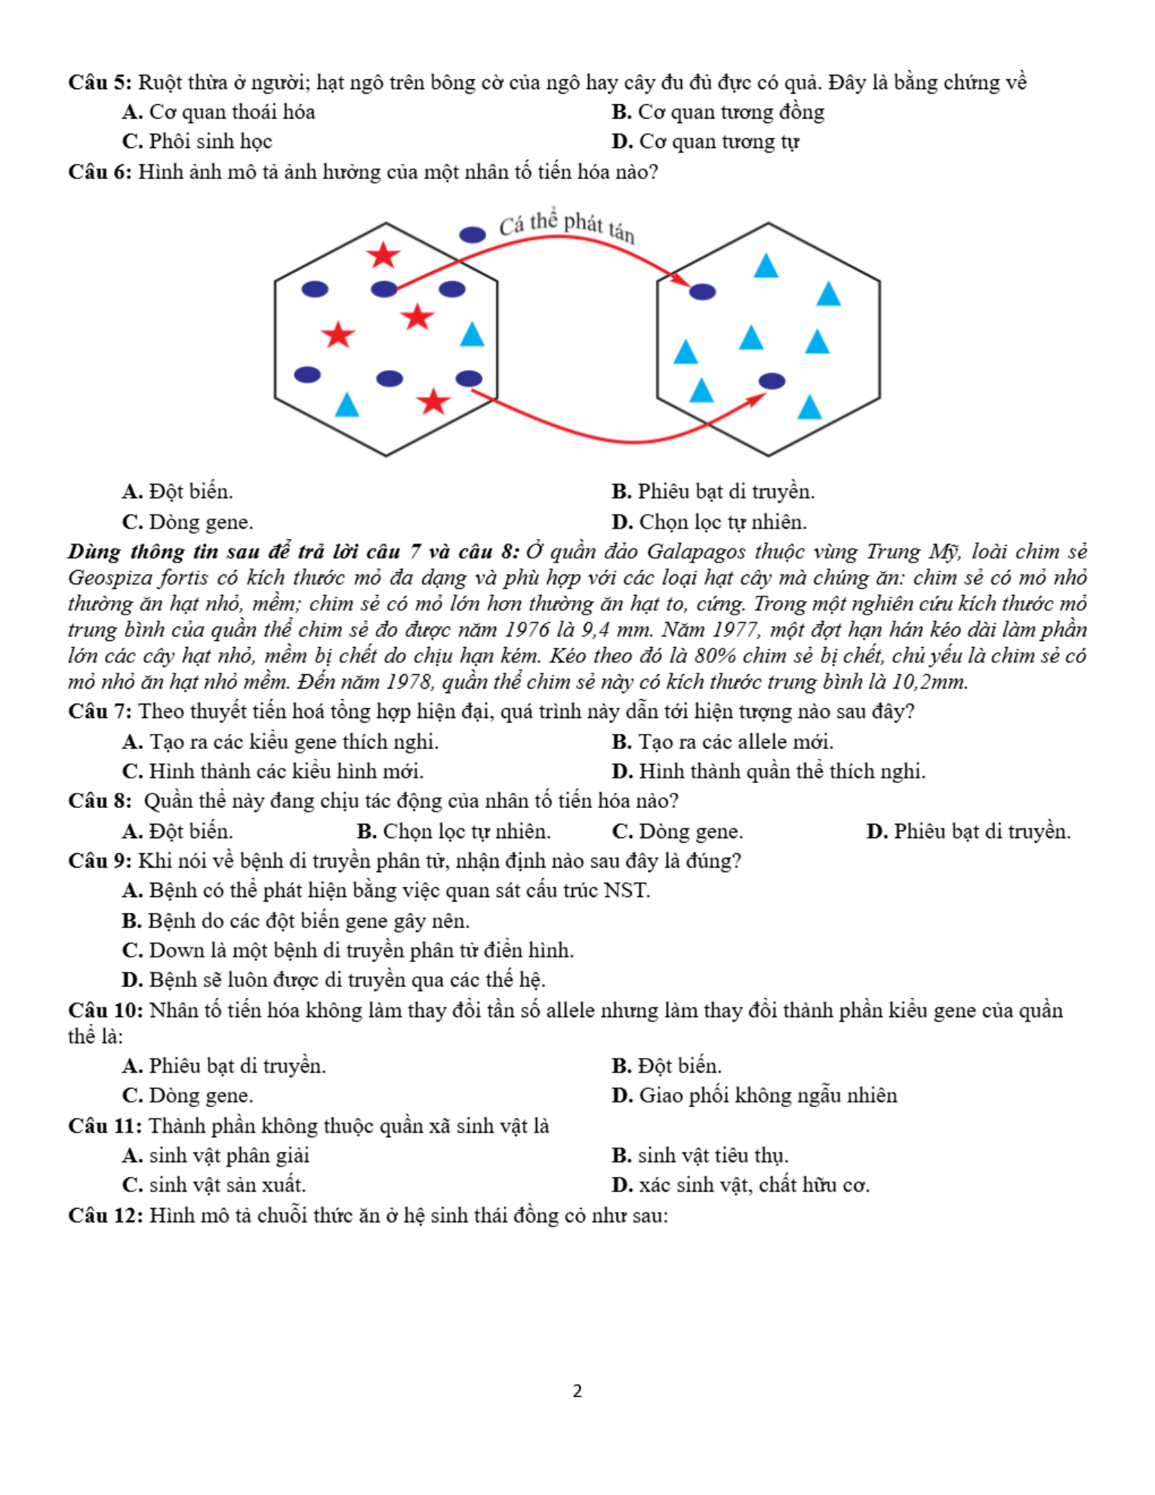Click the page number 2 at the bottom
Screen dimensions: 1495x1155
click(x=577, y=1391)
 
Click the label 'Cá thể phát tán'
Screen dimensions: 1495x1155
click(x=567, y=226)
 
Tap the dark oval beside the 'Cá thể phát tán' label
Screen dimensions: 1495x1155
click(x=473, y=235)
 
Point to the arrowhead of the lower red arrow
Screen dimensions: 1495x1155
click(x=758, y=398)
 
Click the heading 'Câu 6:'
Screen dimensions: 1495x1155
click(x=100, y=172)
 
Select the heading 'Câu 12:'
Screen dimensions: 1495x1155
click(x=105, y=1216)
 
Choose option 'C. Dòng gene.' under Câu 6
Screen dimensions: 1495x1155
click(x=188, y=522)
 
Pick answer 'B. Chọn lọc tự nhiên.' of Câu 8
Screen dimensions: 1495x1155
click(x=454, y=831)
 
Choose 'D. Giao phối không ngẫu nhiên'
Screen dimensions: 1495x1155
click(x=754, y=1096)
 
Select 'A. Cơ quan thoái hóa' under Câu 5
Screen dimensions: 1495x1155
click(x=219, y=113)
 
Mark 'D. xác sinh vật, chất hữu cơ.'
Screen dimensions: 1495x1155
click(x=740, y=1185)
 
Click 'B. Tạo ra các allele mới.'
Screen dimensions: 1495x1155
click(x=722, y=742)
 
